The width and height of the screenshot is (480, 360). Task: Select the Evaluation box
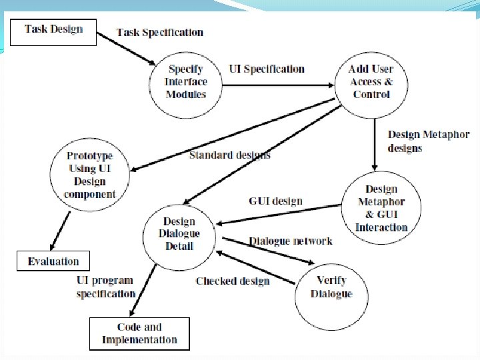(53, 261)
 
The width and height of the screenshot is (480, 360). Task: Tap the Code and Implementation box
(139, 333)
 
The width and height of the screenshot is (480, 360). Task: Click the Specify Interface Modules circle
(187, 82)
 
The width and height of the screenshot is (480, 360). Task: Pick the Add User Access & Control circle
(371, 82)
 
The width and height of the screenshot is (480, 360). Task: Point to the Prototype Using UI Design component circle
(90, 175)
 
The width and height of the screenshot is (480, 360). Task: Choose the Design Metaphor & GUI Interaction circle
(381, 208)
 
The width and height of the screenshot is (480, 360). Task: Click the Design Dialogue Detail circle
(179, 233)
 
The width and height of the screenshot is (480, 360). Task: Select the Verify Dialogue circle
(331, 287)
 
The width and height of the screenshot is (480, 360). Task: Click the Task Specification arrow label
(160, 32)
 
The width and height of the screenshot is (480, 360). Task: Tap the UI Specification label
(267, 69)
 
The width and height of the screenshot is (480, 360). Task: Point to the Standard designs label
(230, 155)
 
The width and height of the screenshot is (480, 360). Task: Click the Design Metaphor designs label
(428, 141)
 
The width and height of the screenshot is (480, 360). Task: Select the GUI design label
(275, 201)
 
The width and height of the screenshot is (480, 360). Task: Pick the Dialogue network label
(291, 241)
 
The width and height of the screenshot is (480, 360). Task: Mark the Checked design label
(233, 281)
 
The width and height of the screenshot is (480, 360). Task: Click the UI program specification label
(105, 287)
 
